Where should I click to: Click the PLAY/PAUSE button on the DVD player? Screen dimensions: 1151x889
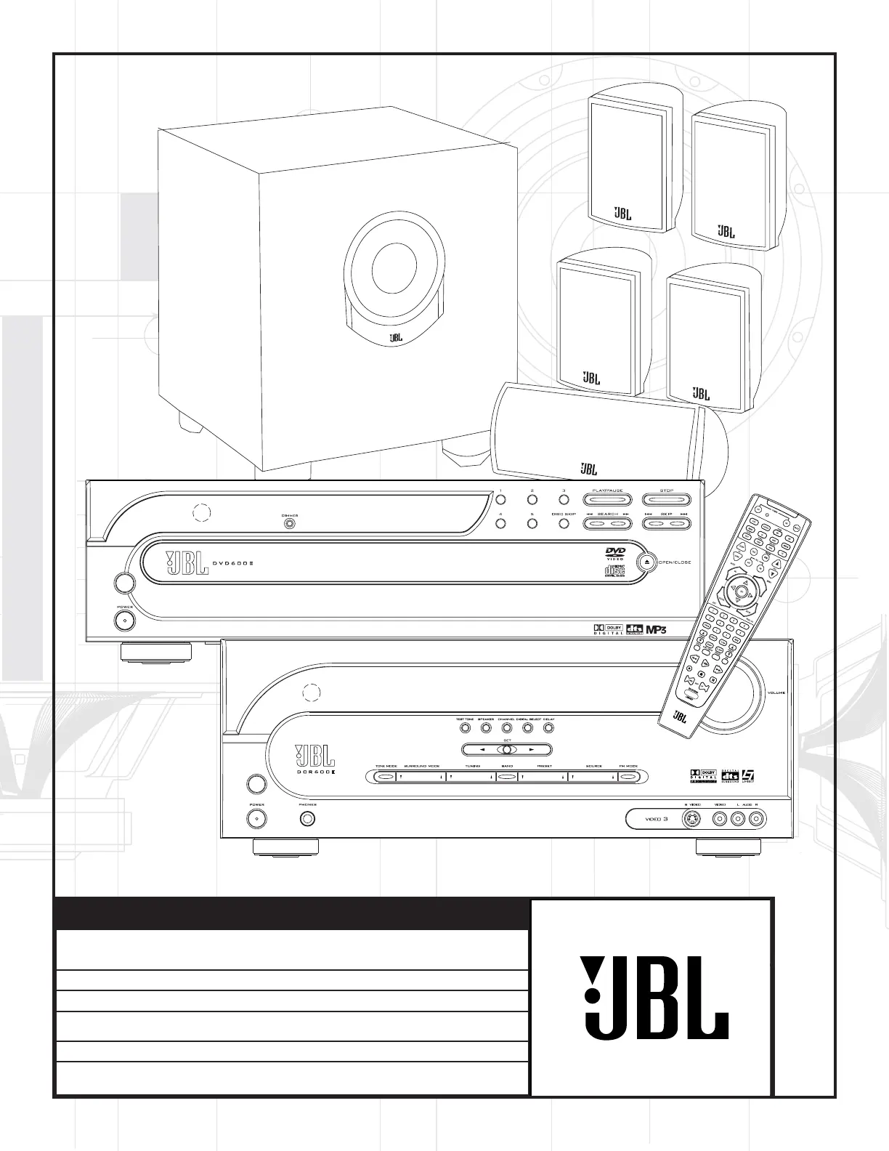607,499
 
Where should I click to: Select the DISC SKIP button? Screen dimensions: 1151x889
563,523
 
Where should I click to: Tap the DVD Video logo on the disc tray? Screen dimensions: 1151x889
615,554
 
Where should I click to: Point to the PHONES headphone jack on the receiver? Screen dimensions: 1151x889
307,819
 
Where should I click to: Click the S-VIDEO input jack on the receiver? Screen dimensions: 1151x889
692,819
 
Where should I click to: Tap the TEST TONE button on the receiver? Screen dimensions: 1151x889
466,728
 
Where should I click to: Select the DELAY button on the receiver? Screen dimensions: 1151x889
548,728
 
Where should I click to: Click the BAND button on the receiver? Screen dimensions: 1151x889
507,777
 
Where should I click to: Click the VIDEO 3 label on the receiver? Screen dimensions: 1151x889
655,819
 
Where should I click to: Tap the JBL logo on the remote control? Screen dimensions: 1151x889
679,716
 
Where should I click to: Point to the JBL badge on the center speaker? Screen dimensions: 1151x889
588,469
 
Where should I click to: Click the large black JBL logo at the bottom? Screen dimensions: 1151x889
654,996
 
